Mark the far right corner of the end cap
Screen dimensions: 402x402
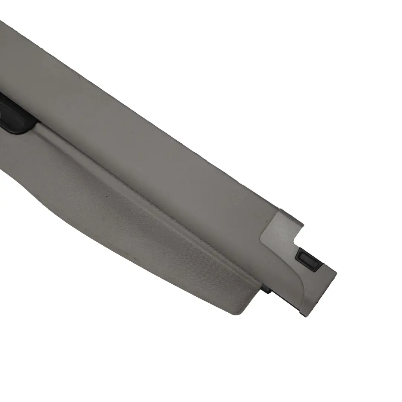click(336, 274)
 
